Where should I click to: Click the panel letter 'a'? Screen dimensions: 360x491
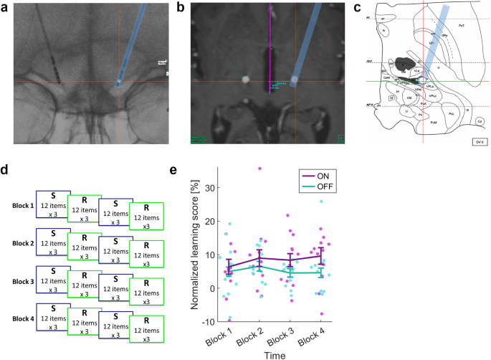click(5, 8)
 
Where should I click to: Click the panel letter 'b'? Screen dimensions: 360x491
click(181, 8)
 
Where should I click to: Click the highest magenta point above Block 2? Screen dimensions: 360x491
click(259, 169)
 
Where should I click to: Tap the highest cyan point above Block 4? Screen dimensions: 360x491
click(322, 202)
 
